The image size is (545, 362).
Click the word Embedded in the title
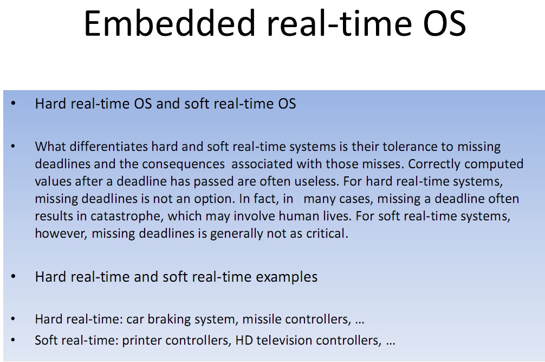[170, 23]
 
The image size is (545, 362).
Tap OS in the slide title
[444, 23]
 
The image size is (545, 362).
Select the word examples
[287, 277]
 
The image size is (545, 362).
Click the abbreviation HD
[244, 340]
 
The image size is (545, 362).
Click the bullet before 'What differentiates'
[13, 146]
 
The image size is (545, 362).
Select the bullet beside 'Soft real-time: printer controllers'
[13, 340]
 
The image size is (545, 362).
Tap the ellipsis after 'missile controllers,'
[360, 322]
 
